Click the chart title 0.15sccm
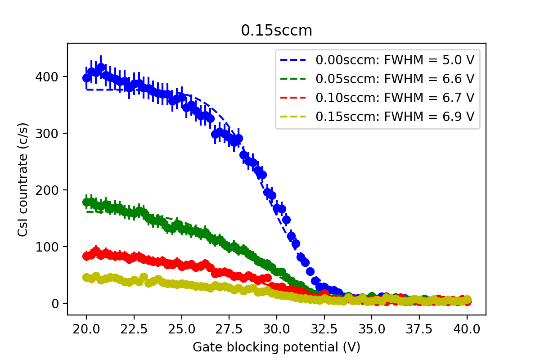pyautogui.click(x=276, y=30)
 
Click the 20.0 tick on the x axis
pyautogui.click(x=86, y=328)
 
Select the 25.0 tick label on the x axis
pyautogui.click(x=181, y=328)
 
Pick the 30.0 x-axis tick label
pyautogui.click(x=277, y=328)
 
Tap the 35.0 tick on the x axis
pyautogui.click(x=372, y=328)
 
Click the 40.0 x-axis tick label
pyautogui.click(x=467, y=328)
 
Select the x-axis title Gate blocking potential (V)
pyautogui.click(x=276, y=347)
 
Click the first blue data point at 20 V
pyautogui.click(x=87, y=78)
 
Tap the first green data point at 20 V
pyautogui.click(x=87, y=202)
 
